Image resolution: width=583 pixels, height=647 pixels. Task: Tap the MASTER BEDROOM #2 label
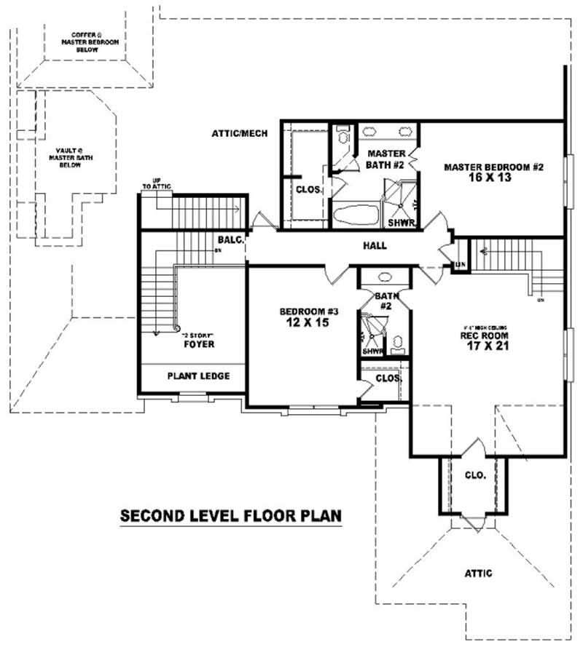tap(494, 167)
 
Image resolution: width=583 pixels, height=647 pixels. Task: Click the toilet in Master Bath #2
tap(341, 137)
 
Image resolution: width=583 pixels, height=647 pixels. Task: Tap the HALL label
tap(375, 246)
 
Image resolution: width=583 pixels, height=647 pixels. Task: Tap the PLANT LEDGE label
tap(198, 376)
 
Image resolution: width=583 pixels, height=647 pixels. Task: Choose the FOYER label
tap(199, 344)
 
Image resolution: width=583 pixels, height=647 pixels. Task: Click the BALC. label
tap(230, 240)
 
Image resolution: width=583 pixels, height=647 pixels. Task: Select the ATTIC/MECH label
tap(239, 134)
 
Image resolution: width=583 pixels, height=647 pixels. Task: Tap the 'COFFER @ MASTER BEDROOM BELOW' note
tap(85, 41)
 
